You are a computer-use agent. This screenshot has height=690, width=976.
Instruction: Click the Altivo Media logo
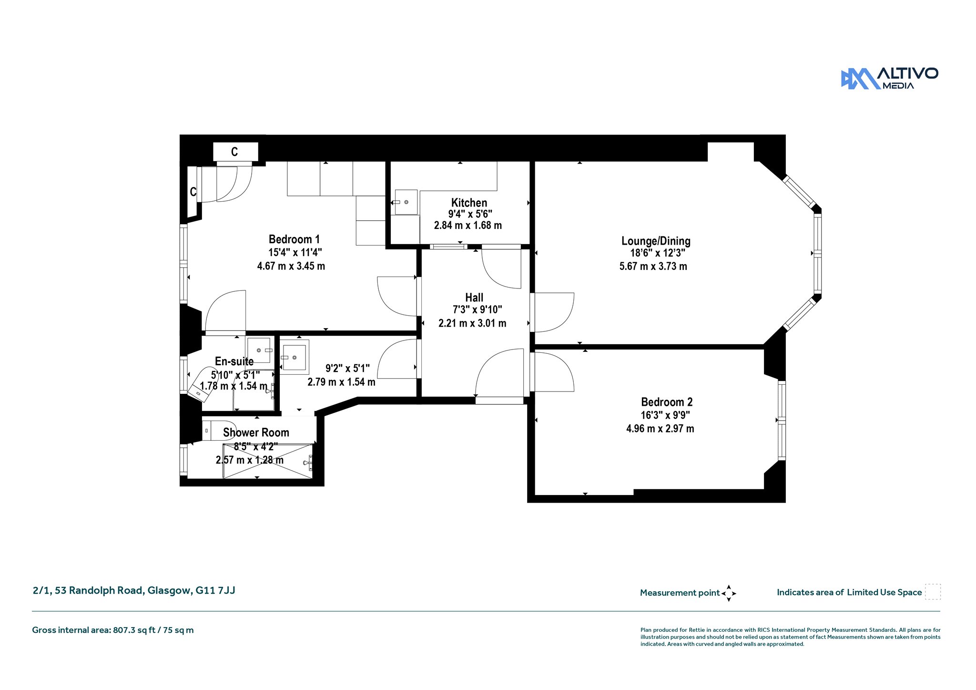889,79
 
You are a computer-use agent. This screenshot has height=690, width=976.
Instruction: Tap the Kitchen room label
469,203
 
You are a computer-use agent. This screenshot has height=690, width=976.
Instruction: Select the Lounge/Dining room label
656,241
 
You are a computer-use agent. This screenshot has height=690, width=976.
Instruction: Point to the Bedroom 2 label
667,402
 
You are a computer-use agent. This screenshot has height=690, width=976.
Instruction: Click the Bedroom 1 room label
294,239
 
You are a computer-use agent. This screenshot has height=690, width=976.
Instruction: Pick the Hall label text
474,298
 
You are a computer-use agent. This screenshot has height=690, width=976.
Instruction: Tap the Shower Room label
256,433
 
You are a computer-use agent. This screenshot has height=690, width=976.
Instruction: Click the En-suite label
234,361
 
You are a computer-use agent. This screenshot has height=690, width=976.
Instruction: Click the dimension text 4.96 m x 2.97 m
660,429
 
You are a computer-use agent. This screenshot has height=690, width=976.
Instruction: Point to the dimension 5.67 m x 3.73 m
653,267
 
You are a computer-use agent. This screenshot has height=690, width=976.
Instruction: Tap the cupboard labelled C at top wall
235,152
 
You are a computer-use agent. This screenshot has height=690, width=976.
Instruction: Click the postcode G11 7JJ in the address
215,590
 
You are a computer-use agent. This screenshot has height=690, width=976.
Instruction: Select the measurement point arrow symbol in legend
729,593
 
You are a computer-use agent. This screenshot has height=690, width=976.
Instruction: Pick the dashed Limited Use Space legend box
933,592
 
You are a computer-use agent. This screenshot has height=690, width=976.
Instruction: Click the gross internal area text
113,630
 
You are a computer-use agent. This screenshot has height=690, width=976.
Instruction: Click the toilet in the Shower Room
219,431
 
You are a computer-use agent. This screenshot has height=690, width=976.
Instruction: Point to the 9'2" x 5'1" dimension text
347,369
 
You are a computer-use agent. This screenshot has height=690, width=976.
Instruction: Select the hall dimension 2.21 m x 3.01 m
472,323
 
